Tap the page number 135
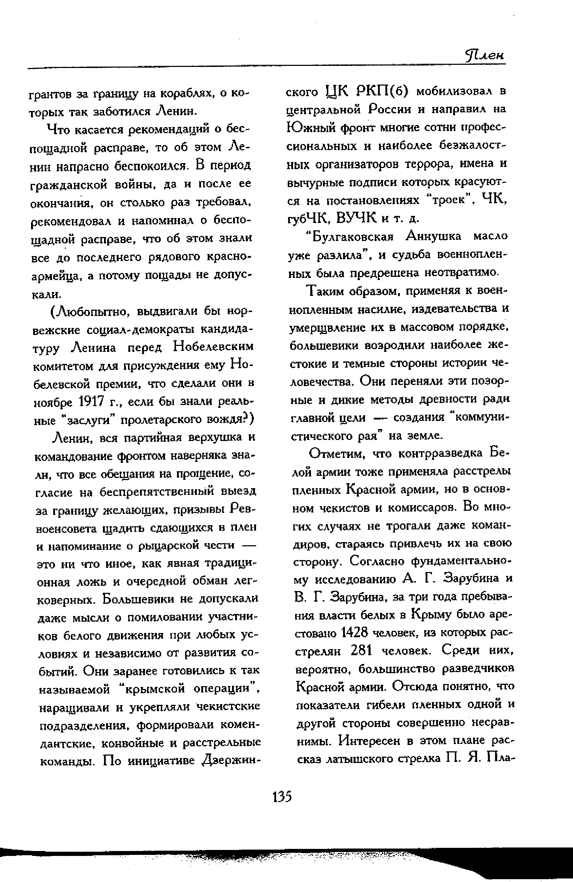tap(282, 796)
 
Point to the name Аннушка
tap(434, 236)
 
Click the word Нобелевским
tap(214, 347)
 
